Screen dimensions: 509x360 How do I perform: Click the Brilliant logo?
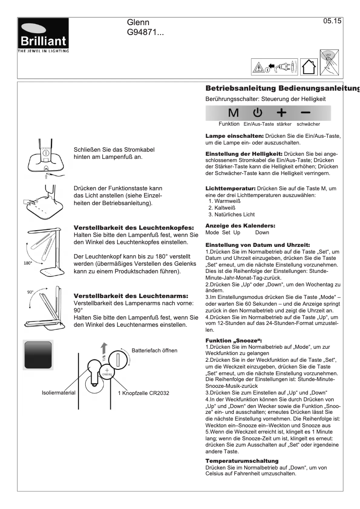point(43,35)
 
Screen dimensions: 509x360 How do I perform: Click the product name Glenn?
point(138,22)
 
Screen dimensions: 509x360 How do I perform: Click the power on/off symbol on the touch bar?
point(257,113)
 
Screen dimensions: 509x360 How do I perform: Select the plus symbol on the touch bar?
point(281,113)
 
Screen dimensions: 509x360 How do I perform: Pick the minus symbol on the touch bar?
point(306,113)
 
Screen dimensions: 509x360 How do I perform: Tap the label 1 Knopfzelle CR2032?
point(143,393)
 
